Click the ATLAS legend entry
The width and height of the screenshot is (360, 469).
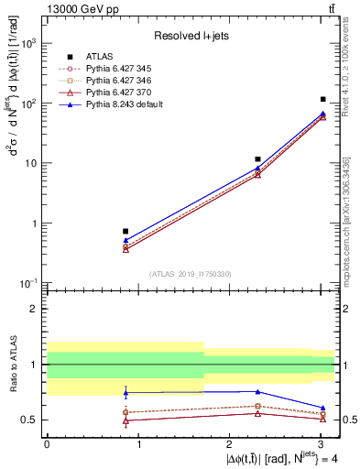(x=98, y=55)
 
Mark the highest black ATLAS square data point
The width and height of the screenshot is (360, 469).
(x=323, y=99)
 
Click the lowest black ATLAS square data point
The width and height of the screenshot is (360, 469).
(x=125, y=232)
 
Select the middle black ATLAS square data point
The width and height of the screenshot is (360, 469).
(x=257, y=159)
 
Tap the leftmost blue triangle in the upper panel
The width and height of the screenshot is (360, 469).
(x=125, y=241)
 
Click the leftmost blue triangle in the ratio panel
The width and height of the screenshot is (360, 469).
(x=125, y=393)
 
